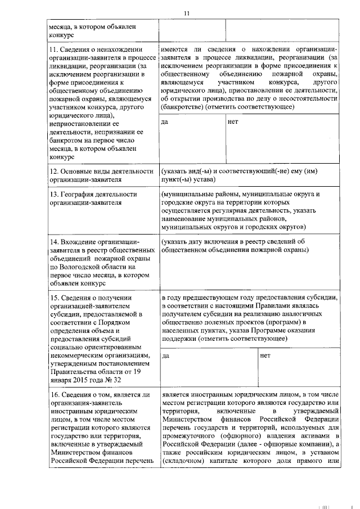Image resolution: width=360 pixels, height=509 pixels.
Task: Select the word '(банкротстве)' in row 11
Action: coord(182,107)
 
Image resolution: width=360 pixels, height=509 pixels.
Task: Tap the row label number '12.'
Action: coord(55,171)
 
